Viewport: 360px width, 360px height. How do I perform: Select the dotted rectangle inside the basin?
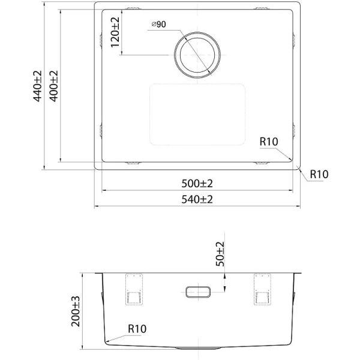(197, 114)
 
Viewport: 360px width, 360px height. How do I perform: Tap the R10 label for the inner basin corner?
(269, 142)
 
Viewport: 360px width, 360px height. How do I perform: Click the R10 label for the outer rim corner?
(319, 174)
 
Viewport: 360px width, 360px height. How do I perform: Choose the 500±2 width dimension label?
(198, 183)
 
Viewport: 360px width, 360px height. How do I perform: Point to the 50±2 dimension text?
(220, 254)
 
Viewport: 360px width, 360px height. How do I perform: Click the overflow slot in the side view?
(198, 291)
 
